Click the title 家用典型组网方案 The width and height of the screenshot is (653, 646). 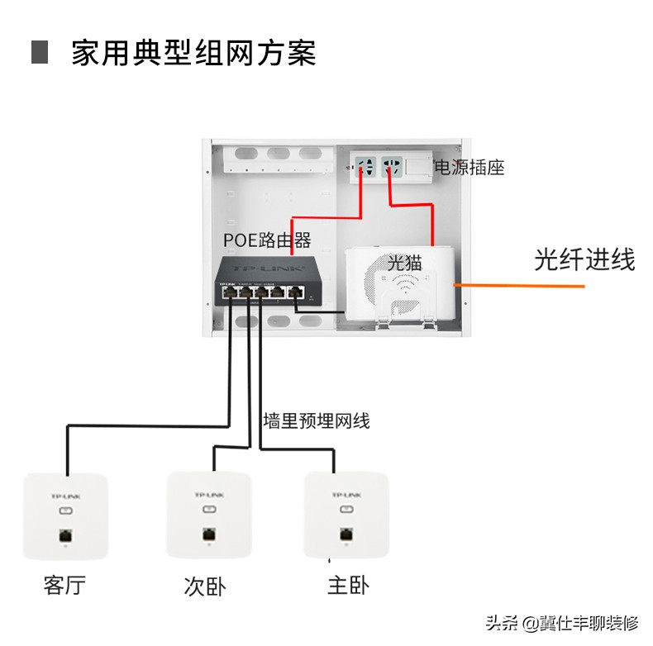point(193,52)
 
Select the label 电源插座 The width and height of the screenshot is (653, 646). point(469,167)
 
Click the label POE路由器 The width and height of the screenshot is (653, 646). point(267,240)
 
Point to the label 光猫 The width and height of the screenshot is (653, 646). point(405,263)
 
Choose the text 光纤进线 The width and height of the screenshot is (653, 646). point(584,260)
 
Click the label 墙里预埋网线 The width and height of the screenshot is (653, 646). point(317,420)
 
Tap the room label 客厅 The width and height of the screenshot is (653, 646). point(64,586)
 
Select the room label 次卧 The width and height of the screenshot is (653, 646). point(204,587)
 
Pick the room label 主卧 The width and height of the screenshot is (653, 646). point(347,586)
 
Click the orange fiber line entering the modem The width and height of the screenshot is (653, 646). point(521,285)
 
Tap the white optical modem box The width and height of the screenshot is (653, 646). point(398,283)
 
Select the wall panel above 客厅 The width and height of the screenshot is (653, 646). point(65,515)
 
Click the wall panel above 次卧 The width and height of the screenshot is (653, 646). point(208,514)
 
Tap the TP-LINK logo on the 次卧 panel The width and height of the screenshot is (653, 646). point(208,494)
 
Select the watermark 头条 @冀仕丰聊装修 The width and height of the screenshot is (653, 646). point(562,622)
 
